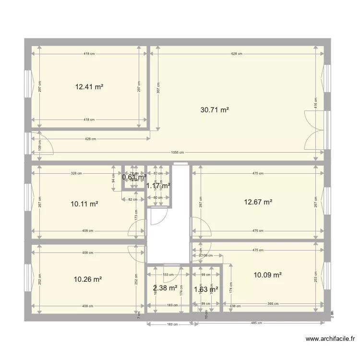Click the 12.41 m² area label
(89, 87)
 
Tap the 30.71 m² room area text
(214, 109)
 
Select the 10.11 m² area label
(84, 204)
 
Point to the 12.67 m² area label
(258, 202)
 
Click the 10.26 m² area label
(88, 279)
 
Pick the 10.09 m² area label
(267, 275)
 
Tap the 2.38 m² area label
(165, 288)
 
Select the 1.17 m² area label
(158, 185)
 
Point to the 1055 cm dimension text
(177, 153)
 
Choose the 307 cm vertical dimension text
(158, 87)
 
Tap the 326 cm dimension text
(76, 173)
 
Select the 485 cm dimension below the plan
(259, 323)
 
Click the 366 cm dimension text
(274, 304)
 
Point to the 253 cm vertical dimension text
(315, 277)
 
